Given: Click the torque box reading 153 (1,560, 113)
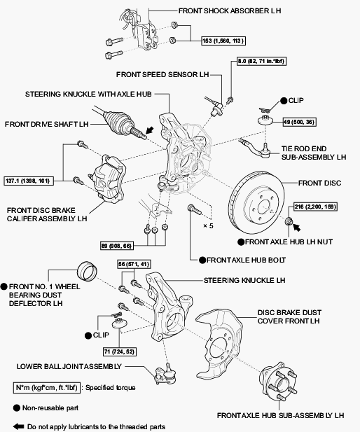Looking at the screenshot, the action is pyautogui.click(x=223, y=41).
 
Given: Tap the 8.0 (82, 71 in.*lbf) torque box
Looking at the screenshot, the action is pyautogui.click(x=261, y=61).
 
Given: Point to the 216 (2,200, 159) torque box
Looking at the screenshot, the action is pyautogui.click(x=316, y=207).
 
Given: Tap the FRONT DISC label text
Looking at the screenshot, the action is pyautogui.click(x=319, y=183).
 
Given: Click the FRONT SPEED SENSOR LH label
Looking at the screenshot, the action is pyautogui.click(x=162, y=75).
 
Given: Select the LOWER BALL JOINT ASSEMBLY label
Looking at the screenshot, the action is pyautogui.click(x=69, y=366).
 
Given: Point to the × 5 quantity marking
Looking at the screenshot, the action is pyautogui.click(x=208, y=226).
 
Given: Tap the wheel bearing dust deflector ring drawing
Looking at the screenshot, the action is pyautogui.click(x=88, y=270).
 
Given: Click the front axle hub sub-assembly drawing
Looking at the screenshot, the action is pyautogui.click(x=278, y=381).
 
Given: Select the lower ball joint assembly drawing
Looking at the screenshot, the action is pyautogui.click(x=166, y=374).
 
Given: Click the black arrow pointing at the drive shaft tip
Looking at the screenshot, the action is pyautogui.click(x=150, y=130).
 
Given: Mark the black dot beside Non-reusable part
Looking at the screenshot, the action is pyautogui.click(x=17, y=408).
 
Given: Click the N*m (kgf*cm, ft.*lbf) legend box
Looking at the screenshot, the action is pyautogui.click(x=47, y=388).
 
